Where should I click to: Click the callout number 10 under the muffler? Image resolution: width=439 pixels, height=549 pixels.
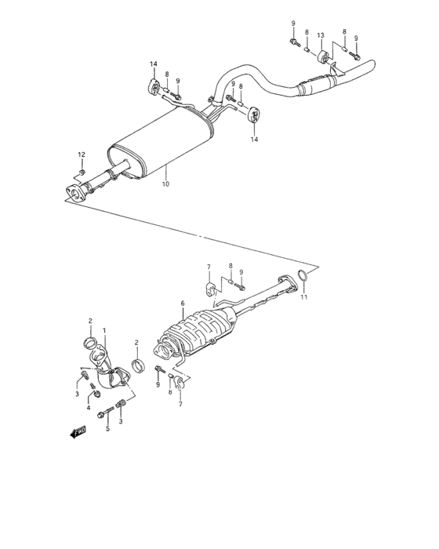(x=165, y=184)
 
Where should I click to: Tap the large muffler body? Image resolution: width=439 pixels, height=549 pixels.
(x=164, y=146)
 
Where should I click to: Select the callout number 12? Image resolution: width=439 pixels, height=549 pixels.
(x=81, y=154)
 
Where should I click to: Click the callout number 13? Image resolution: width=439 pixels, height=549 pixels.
(x=320, y=35)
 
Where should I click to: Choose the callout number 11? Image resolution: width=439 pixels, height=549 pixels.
(x=305, y=296)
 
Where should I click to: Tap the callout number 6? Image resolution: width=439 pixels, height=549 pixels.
(x=182, y=304)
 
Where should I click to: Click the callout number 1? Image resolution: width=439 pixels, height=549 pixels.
(x=104, y=331)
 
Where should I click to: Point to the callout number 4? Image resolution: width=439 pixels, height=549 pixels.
(x=89, y=409)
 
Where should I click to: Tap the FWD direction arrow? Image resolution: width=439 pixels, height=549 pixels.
(x=78, y=431)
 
